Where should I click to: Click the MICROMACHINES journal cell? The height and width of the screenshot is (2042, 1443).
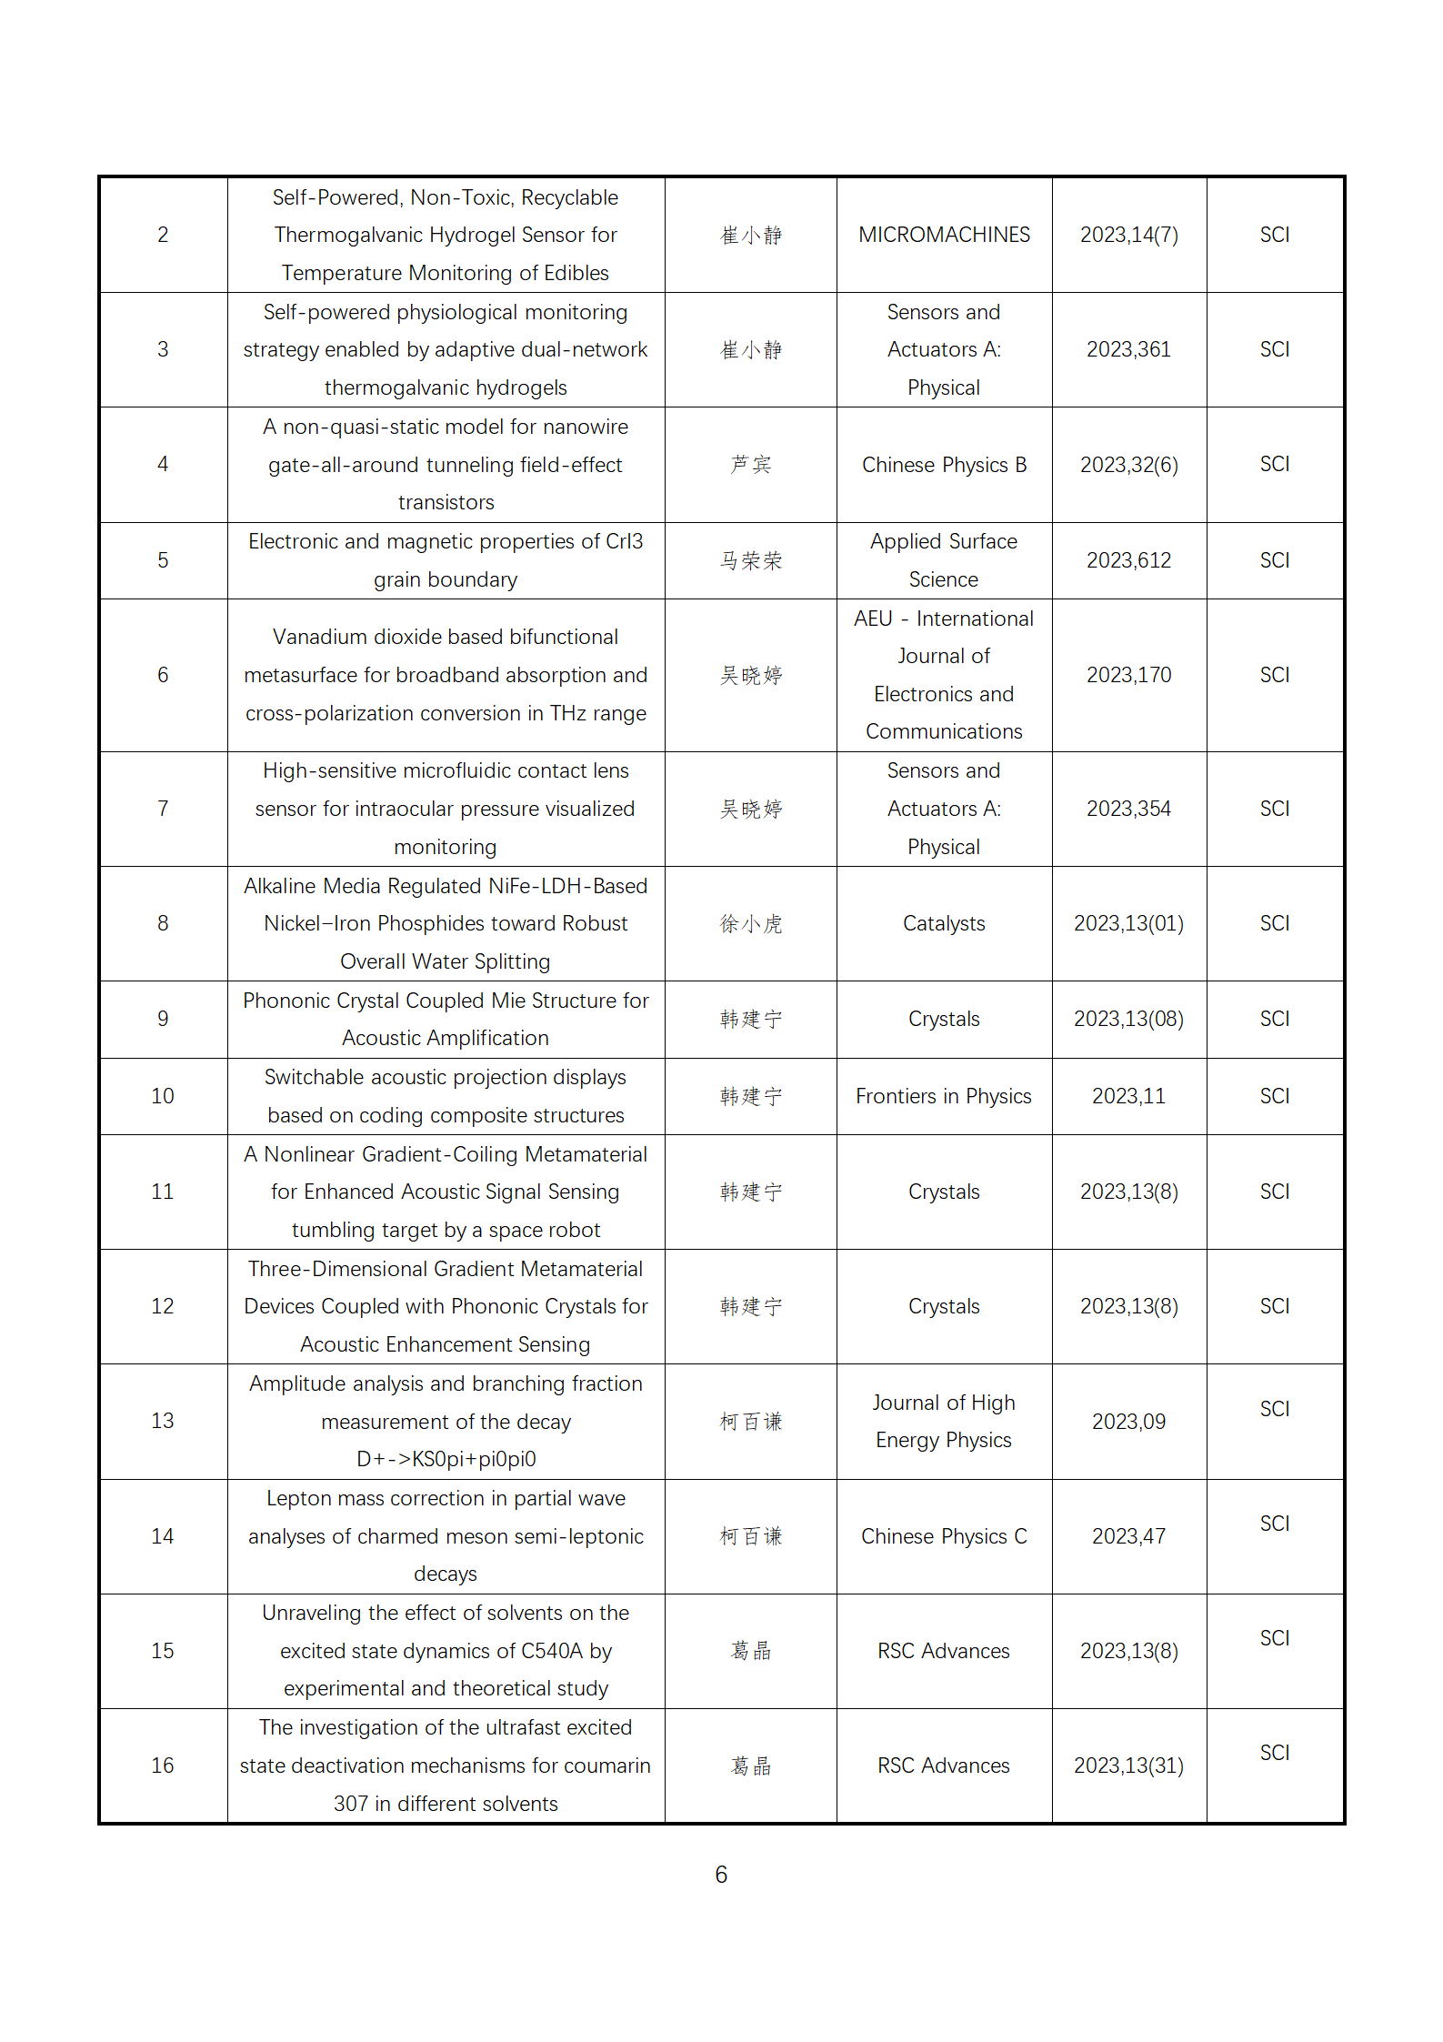[x=944, y=235]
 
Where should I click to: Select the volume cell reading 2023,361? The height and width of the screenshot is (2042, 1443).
[x=1128, y=349]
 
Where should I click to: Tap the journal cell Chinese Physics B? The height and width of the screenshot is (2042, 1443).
[x=944, y=465]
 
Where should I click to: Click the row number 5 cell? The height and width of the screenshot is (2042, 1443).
[x=163, y=560]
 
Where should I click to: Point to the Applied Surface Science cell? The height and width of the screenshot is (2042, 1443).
[x=944, y=560]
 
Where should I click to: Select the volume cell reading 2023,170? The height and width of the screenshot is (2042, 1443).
[x=1128, y=675]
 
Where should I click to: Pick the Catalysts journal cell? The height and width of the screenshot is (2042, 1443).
[x=944, y=923]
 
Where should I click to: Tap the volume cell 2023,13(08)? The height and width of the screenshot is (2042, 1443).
[x=1128, y=1019]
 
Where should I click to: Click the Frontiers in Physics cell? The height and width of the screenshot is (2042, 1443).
[x=944, y=1096]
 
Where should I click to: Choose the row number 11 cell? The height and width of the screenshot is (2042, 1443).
[x=163, y=1192]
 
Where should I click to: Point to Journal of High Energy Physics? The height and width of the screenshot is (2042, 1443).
[x=944, y=1421]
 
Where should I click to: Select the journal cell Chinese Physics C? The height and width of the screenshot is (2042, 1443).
[x=944, y=1536]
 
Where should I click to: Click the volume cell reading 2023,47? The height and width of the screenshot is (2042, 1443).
[x=1128, y=1536]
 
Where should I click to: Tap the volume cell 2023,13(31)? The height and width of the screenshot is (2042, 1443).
[x=1128, y=1765]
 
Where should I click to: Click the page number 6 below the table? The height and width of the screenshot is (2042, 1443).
[x=721, y=1875]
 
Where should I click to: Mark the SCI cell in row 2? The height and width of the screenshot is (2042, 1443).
[x=1275, y=235]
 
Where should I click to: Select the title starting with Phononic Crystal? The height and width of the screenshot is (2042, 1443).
[x=446, y=1019]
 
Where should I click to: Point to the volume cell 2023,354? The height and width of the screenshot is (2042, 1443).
[x=1128, y=809]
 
